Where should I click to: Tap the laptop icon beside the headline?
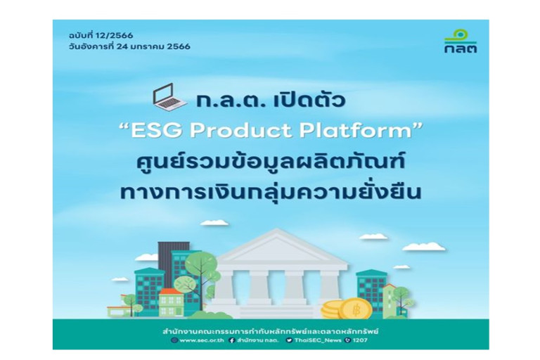click(169, 98)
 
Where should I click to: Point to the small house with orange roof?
click(170, 300)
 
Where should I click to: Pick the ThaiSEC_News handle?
click(316, 340)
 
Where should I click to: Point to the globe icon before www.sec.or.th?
click(174, 340)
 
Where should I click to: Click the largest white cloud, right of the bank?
click(423, 247)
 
